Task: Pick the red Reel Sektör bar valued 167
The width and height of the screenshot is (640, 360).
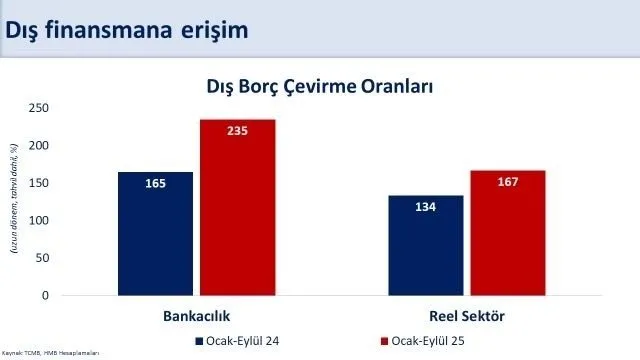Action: (x=508, y=236)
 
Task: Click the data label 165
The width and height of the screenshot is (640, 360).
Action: (x=155, y=183)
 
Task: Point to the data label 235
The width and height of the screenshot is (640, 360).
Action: (x=237, y=131)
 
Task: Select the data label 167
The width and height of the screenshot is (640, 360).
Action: (x=508, y=182)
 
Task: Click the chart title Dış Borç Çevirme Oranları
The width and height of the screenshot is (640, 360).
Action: (x=319, y=86)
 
